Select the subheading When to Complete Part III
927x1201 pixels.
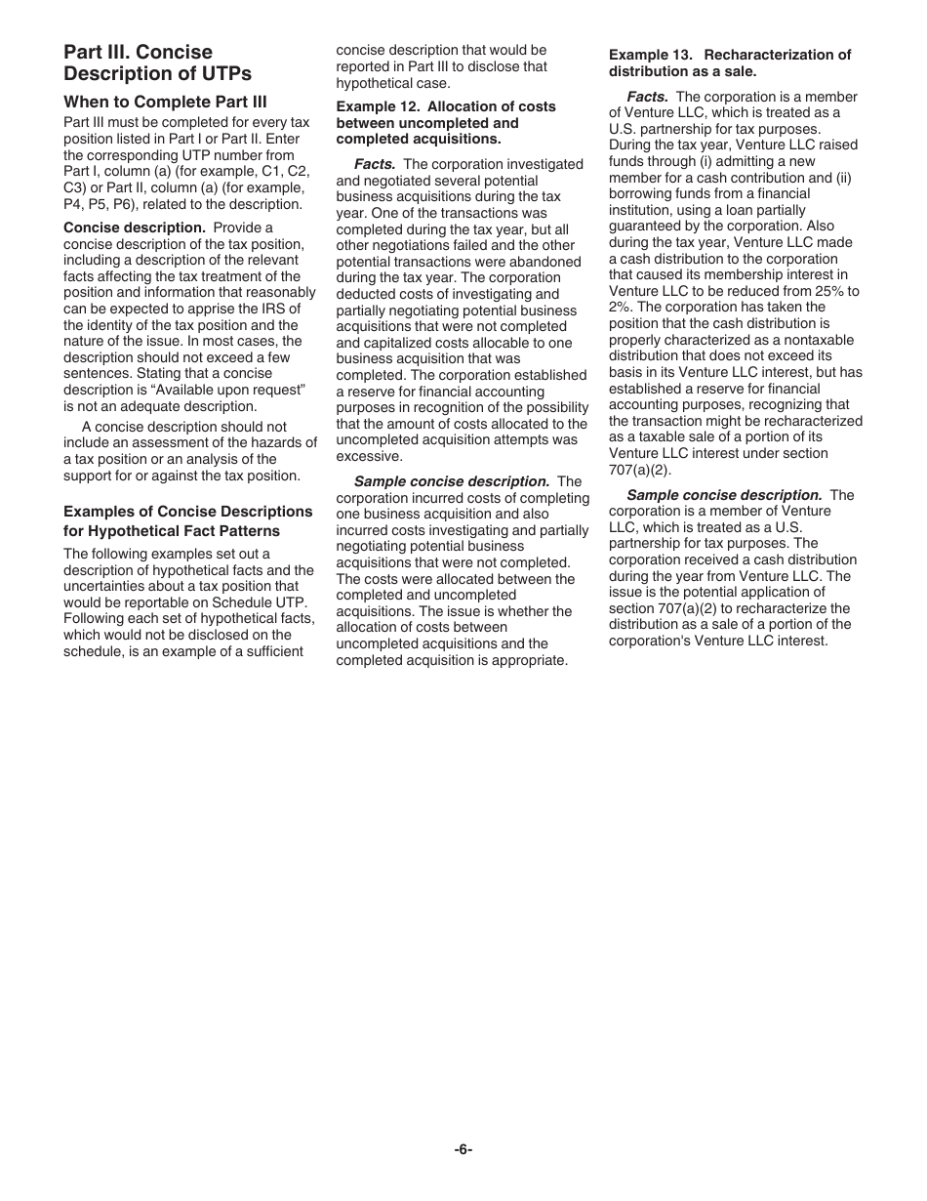pos(165,102)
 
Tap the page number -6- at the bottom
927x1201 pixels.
pos(463,1149)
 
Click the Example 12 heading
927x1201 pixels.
pos(446,123)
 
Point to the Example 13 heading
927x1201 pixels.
pos(730,63)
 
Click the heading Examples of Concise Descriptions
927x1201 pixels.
pos(188,512)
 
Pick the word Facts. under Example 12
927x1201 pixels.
pos(375,164)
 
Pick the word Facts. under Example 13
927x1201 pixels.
pos(647,97)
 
